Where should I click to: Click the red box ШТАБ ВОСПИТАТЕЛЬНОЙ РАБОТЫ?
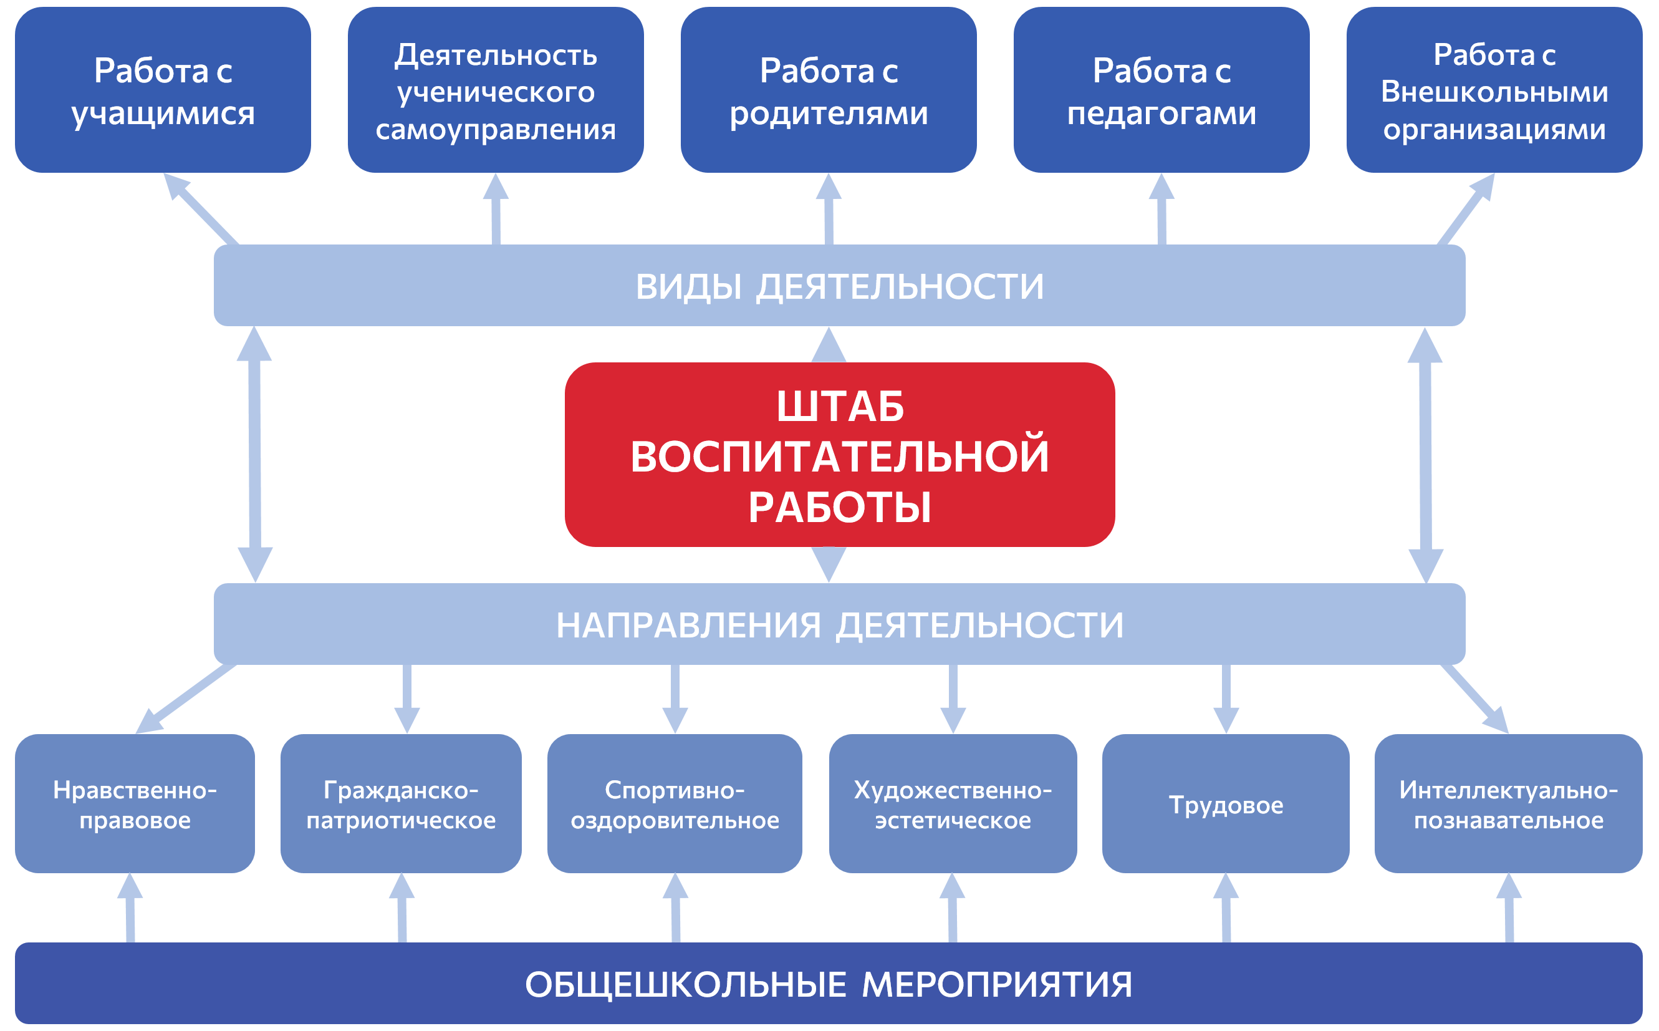pyautogui.click(x=840, y=455)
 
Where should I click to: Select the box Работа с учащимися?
pyautogui.click(x=163, y=90)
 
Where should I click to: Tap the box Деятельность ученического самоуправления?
pyautogui.click(x=496, y=90)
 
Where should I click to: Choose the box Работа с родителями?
pyautogui.click(x=828, y=90)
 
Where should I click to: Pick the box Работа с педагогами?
pyautogui.click(x=1161, y=90)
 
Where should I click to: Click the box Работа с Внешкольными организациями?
pyautogui.click(x=1494, y=90)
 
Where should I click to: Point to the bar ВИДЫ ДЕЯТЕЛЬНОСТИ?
pyautogui.click(x=840, y=286)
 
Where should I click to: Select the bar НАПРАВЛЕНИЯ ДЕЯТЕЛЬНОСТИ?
pyautogui.click(x=840, y=624)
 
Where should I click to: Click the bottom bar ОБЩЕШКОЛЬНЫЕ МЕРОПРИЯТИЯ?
pyautogui.click(x=828, y=983)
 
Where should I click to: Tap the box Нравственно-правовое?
pyautogui.click(x=135, y=804)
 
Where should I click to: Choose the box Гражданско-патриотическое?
pyautogui.click(x=401, y=804)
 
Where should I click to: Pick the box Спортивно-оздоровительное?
pyautogui.click(x=675, y=804)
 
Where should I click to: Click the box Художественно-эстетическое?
pyautogui.click(x=953, y=804)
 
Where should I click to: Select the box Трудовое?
pyautogui.click(x=1226, y=804)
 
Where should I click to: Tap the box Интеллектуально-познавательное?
pyautogui.click(x=1508, y=804)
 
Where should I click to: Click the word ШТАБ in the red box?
pyautogui.click(x=840, y=407)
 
